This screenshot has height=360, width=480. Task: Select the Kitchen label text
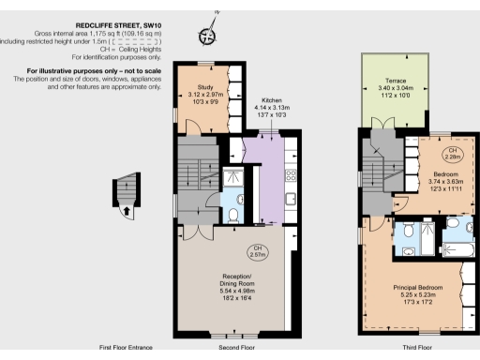coord(272,100)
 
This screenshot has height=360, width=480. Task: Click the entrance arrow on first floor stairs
coord(126,210)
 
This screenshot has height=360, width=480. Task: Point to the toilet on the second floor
coord(232,214)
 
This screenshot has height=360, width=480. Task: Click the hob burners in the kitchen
coord(291,173)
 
